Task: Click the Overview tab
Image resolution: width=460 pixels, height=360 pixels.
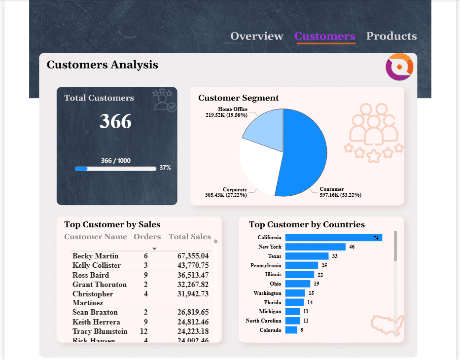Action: coord(257,36)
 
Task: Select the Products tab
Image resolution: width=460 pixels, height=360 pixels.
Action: coord(391,36)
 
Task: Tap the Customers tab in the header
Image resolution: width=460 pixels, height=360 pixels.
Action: coord(324,36)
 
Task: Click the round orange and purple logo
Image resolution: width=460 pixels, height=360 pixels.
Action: coord(399,67)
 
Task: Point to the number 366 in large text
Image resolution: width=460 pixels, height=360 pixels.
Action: coord(116,121)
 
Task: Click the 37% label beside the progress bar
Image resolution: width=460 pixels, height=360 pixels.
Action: coord(165,168)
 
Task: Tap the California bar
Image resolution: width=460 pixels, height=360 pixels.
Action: coord(333,238)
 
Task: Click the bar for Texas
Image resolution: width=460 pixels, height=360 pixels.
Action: coord(307,256)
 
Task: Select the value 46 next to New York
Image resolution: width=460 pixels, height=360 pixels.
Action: coord(352,247)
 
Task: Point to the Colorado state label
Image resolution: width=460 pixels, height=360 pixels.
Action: coord(270,330)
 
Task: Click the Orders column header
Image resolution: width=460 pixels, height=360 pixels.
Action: coord(147,237)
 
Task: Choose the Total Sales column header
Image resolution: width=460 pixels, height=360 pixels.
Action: coord(189,237)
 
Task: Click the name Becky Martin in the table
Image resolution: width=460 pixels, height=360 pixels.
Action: coord(96,256)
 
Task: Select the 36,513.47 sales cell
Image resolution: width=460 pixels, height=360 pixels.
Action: coord(193,275)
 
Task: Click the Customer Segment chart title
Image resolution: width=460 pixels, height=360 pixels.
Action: coord(238,98)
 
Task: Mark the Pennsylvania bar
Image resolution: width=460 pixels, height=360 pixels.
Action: coord(301,265)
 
